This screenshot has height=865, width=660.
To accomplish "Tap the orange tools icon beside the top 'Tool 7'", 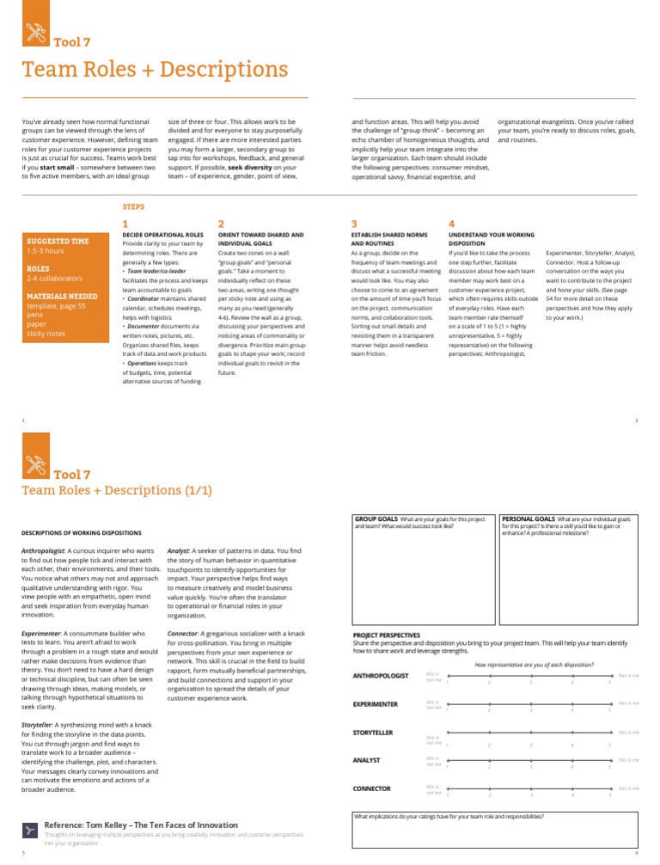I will click(34, 34).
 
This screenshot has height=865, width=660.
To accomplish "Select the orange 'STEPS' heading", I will click(134, 206).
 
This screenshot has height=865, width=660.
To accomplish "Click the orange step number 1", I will click(126, 224).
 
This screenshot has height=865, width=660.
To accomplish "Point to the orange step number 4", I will click(452, 224).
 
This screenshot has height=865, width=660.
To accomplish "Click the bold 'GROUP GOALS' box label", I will click(376, 520).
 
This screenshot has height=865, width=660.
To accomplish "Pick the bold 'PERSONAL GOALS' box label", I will click(528, 520).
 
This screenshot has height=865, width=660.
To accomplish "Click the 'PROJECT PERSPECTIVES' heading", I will click(387, 635).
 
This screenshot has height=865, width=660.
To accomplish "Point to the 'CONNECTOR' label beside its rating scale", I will click(372, 788).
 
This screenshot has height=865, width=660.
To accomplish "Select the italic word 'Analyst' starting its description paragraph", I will click(179, 549).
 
